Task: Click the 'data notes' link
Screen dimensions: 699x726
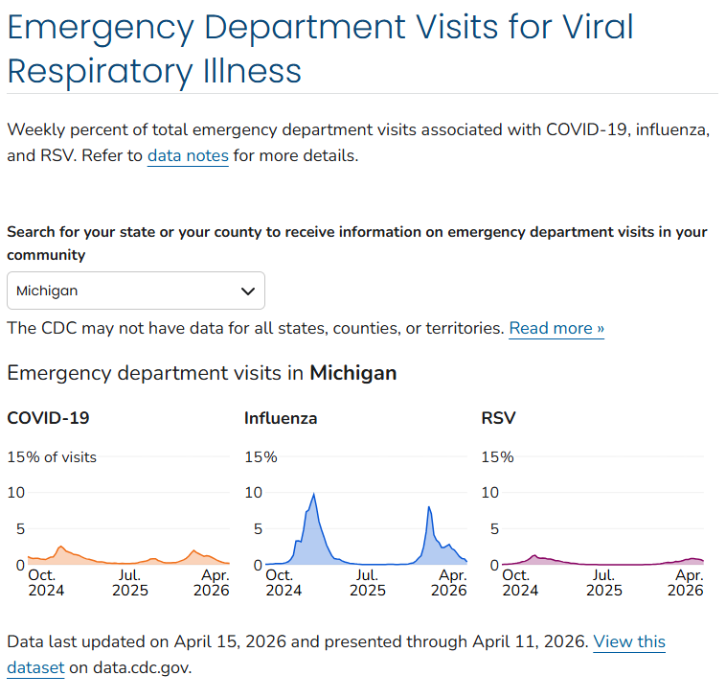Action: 188,155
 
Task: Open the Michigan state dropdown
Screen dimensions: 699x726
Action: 135,291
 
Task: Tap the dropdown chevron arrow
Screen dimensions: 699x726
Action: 248,291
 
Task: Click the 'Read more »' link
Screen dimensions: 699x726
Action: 556,328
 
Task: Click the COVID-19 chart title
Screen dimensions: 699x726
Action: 48,418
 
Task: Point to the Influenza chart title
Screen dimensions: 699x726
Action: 281,418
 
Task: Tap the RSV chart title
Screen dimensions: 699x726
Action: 498,418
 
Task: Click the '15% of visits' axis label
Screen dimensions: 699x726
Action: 52,457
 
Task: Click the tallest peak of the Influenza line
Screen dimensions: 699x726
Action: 313,494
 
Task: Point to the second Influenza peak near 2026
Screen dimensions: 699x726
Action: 429,507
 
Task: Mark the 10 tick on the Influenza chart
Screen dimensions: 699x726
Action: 253,493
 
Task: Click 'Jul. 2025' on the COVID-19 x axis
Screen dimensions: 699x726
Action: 129,583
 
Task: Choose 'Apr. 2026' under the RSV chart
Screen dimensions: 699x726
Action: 686,583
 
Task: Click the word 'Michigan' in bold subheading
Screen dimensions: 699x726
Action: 352,373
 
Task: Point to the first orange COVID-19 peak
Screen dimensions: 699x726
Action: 60,547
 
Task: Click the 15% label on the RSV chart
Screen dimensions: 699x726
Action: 497,457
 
